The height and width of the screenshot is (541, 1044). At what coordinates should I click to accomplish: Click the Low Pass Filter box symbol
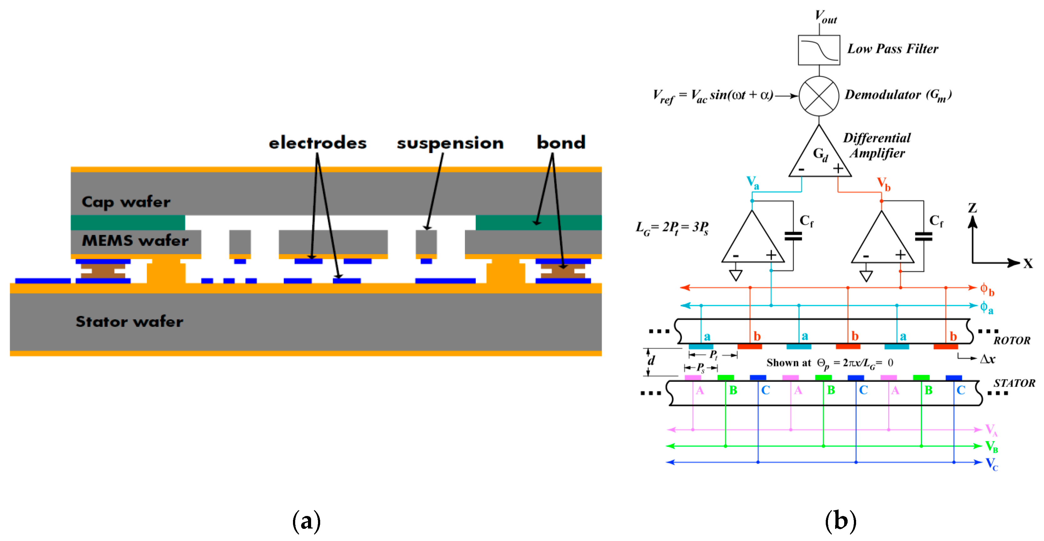pyautogui.click(x=819, y=50)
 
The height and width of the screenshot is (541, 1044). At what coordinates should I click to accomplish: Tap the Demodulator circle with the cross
pyautogui.click(x=819, y=96)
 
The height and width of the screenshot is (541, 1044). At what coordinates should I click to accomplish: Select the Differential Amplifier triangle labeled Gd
pyautogui.click(x=820, y=156)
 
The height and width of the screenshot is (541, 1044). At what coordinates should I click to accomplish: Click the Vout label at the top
pyautogui.click(x=825, y=17)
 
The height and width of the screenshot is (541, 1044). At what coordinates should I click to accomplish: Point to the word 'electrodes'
pyautogui.click(x=317, y=143)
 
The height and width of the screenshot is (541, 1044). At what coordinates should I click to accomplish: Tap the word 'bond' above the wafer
pyautogui.click(x=561, y=142)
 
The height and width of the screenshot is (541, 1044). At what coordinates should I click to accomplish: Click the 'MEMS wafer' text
pyautogui.click(x=135, y=241)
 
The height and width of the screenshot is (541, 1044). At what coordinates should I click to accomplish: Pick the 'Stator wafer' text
pyautogui.click(x=129, y=321)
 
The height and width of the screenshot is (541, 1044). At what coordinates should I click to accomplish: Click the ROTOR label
pyautogui.click(x=1011, y=340)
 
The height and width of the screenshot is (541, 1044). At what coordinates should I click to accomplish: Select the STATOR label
pyautogui.click(x=1014, y=383)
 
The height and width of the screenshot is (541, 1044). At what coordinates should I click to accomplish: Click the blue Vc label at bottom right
pyautogui.click(x=991, y=463)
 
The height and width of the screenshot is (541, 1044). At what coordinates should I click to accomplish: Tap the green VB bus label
pyautogui.click(x=991, y=447)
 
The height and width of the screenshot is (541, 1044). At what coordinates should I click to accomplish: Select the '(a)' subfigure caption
pyautogui.click(x=306, y=521)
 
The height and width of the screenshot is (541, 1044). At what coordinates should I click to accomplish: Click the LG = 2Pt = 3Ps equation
pyautogui.click(x=672, y=228)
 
